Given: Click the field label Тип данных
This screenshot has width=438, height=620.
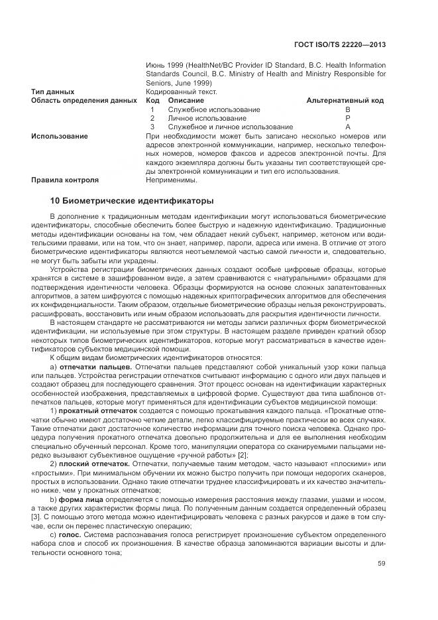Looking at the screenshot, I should (x=53, y=92).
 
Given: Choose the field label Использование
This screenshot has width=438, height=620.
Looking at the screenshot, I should (x=60, y=136).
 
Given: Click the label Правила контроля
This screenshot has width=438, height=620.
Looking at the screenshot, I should (x=65, y=180).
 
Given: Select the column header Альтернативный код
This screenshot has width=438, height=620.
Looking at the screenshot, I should (x=345, y=100).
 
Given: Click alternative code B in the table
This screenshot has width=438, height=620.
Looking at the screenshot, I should (x=347, y=109).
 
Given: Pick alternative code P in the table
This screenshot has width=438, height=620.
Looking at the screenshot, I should (x=347, y=118).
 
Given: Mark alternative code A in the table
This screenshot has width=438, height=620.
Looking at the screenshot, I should (x=347, y=127).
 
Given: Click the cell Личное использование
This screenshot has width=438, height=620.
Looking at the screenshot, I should (x=198, y=118).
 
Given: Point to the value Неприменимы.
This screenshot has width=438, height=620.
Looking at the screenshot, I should (x=171, y=180).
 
